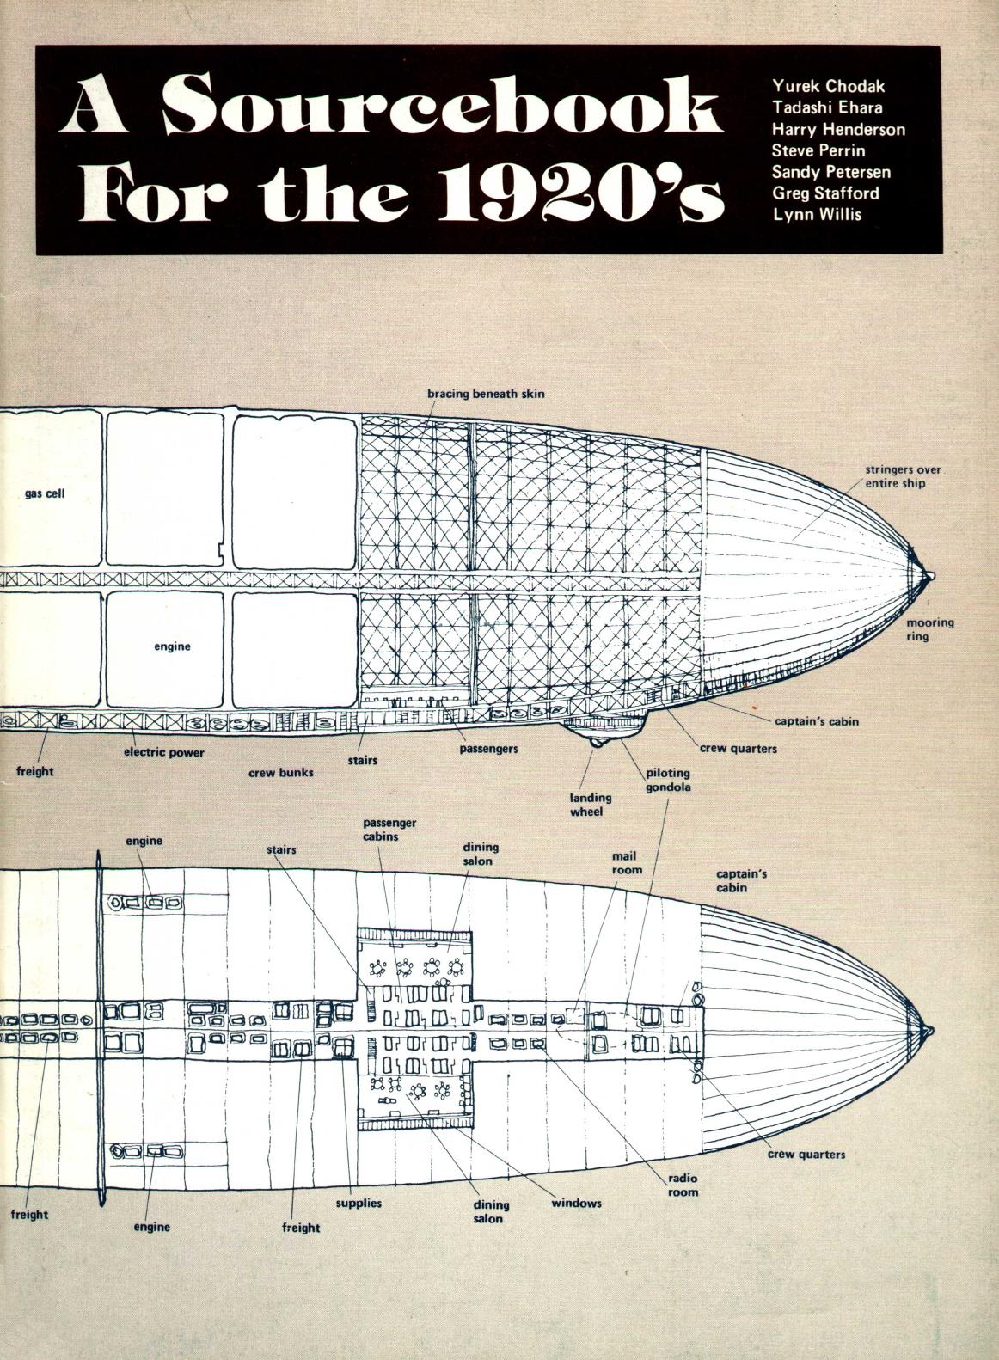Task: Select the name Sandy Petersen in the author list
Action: pyautogui.click(x=830, y=172)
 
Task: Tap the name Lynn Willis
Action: pyautogui.click(x=817, y=214)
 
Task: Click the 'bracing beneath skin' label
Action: pyautogui.click(x=486, y=395)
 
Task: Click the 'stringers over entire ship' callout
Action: pyautogui.click(x=904, y=477)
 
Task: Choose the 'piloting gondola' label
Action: pyautogui.click(x=668, y=779)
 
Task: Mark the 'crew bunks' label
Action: pyautogui.click(x=281, y=773)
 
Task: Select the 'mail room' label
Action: pyautogui.click(x=627, y=863)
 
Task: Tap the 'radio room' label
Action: pyautogui.click(x=683, y=1185)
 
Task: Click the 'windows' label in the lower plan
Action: pyautogui.click(x=576, y=1203)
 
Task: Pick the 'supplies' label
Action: pyautogui.click(x=359, y=1203)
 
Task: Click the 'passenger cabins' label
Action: pyautogui.click(x=389, y=830)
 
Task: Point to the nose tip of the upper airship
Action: pyautogui.click(x=931, y=574)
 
